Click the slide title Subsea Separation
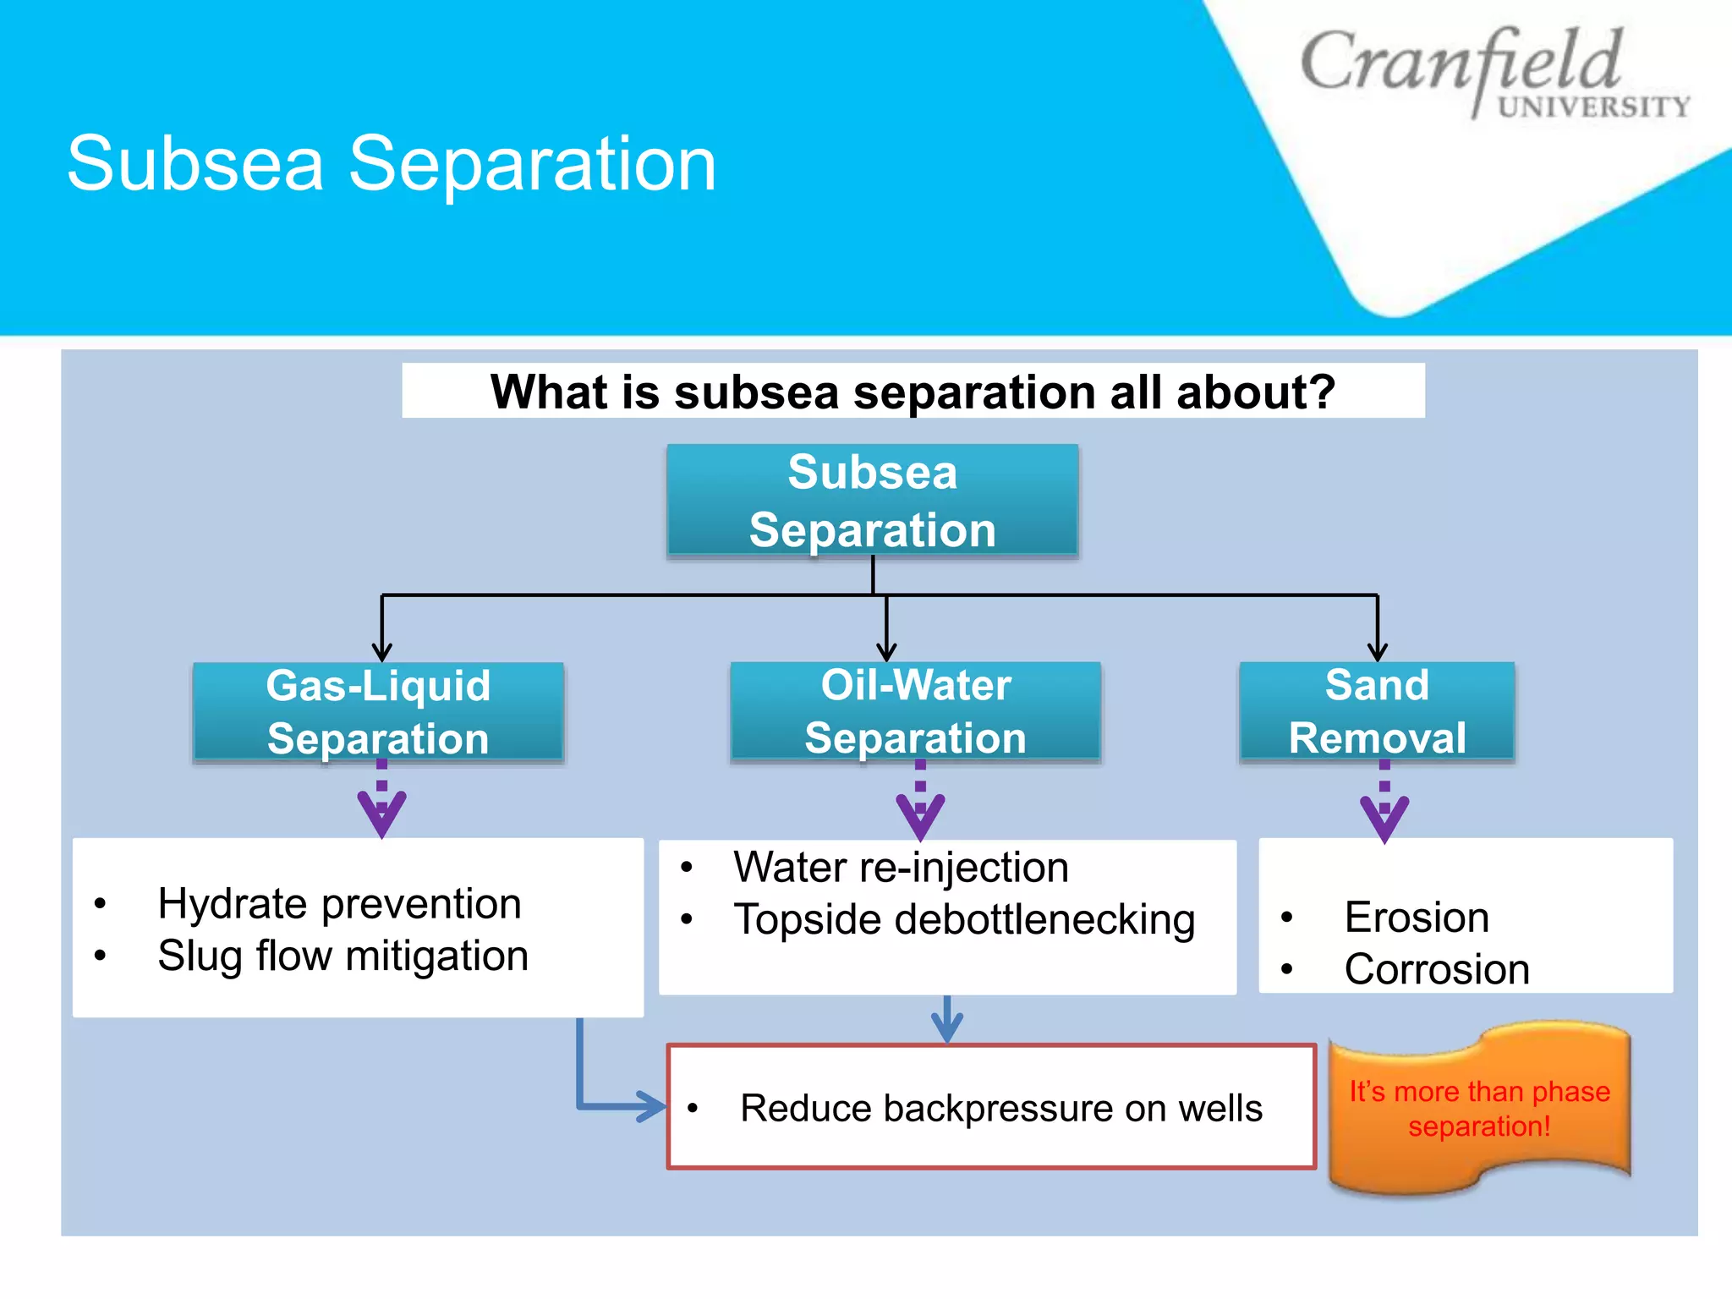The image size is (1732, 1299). pyautogui.click(x=392, y=164)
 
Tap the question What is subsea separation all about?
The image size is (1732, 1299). pyautogui.click(x=913, y=392)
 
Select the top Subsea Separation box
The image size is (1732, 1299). pyautogui.click(x=872, y=500)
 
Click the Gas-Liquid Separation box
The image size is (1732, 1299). pyautogui.click(x=378, y=712)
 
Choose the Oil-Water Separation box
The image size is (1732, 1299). pyautogui.click(x=915, y=712)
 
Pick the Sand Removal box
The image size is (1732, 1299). pyautogui.click(x=1377, y=712)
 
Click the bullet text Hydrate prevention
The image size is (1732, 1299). pyautogui.click(x=339, y=903)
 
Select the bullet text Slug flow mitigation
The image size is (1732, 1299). pyautogui.click(x=343, y=956)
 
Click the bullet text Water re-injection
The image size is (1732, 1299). pyautogui.click(x=901, y=867)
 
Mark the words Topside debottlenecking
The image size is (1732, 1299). pyautogui.click(x=964, y=919)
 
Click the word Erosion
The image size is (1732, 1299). pyautogui.click(x=1417, y=917)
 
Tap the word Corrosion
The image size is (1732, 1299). pyautogui.click(x=1437, y=969)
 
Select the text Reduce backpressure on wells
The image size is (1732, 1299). pyautogui.click(x=1000, y=1108)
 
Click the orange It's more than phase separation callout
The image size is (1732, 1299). pyautogui.click(x=1479, y=1108)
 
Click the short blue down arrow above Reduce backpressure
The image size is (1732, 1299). pyautogui.click(x=946, y=1019)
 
